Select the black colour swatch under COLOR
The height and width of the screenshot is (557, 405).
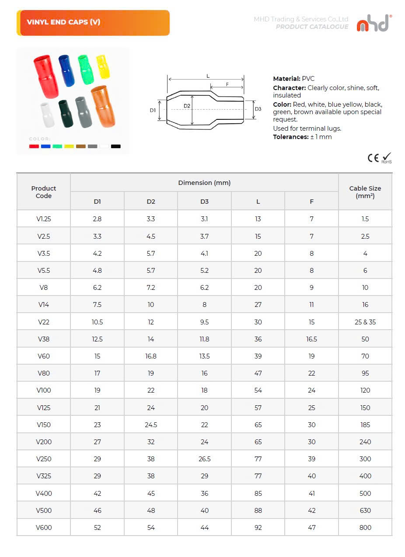(115, 146)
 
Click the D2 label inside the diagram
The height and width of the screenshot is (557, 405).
(187, 106)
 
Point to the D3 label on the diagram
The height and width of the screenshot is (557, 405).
(258, 109)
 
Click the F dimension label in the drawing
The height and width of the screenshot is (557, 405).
(227, 84)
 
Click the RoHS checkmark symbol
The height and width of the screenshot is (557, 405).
(387, 157)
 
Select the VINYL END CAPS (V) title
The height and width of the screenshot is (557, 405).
(63, 22)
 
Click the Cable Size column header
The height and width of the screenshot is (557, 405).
(365, 192)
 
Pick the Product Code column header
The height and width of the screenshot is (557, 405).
(44, 192)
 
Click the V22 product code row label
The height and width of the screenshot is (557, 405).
(44, 322)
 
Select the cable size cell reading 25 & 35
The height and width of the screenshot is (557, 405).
(365, 322)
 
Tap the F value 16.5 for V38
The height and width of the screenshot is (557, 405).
(311, 339)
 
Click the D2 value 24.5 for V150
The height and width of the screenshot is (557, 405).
(151, 425)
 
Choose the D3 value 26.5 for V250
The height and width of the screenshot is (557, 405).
(204, 459)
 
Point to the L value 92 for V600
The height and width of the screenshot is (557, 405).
(258, 527)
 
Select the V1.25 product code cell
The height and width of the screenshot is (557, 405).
(44, 219)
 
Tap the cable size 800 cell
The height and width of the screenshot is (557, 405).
(365, 527)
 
